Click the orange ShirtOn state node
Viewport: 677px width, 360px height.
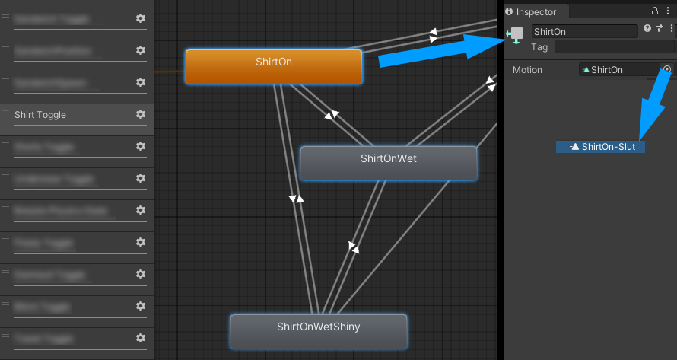[x=273, y=66]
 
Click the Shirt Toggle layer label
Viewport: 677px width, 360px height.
[x=40, y=115]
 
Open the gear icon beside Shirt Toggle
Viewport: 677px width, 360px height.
[x=141, y=114]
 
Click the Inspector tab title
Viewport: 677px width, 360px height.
[x=536, y=11]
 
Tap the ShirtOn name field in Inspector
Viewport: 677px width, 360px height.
[x=584, y=31]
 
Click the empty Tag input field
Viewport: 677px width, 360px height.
[x=614, y=47]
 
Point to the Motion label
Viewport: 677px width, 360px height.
[x=527, y=70]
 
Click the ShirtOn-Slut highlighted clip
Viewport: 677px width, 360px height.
[x=601, y=147]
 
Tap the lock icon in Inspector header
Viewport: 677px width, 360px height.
[x=655, y=11]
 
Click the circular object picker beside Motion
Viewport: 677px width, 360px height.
[x=667, y=69]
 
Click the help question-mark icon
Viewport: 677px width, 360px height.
[x=647, y=29]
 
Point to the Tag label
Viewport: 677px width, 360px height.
[x=539, y=47]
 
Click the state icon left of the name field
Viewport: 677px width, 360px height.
[x=516, y=35]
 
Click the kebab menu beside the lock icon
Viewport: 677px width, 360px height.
[x=669, y=11]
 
